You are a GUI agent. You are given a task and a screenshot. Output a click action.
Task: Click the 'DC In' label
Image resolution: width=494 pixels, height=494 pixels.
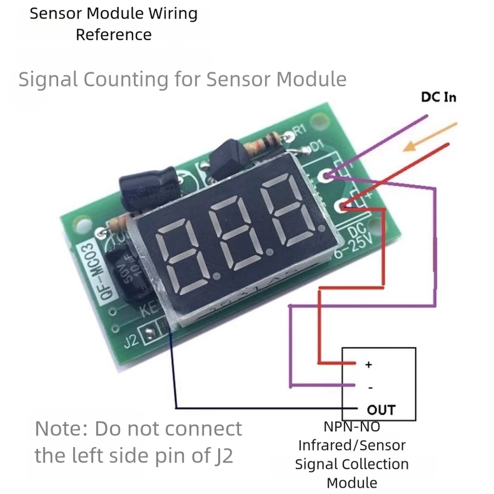(x=438, y=97)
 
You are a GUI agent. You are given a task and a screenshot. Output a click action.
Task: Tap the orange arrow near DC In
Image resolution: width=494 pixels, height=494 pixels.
(x=430, y=137)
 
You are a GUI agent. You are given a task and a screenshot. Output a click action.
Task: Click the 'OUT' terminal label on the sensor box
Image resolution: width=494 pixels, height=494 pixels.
(x=381, y=410)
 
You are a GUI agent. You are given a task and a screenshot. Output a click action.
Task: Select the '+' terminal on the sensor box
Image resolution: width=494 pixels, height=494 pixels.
(x=368, y=365)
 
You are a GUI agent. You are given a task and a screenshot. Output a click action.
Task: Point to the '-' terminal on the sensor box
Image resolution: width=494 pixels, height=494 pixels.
(x=370, y=387)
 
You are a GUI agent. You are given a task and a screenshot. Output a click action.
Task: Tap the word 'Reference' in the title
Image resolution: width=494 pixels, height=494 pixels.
(x=113, y=35)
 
